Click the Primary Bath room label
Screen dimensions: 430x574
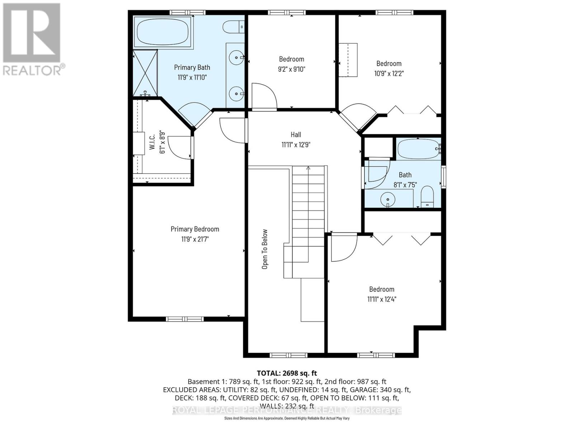coord(192,67)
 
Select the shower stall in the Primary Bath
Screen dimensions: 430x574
coord(145,73)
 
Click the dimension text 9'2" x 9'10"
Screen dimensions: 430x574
coord(291,69)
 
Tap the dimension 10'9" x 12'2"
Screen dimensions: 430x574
coord(389,73)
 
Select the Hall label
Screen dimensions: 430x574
coord(296,135)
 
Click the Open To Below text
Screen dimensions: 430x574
coord(265,249)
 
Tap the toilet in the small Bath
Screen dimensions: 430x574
coord(427,197)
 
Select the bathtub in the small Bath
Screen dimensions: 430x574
coord(418,149)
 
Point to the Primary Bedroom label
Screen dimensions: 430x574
coord(195,229)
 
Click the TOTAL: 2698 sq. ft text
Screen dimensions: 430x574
coord(287,373)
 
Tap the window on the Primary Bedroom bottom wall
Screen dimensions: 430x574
coord(185,319)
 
